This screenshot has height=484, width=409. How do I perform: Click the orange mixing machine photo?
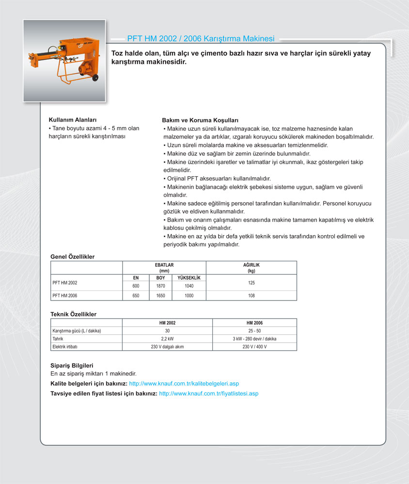(64, 60)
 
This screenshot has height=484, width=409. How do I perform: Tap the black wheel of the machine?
(94, 77)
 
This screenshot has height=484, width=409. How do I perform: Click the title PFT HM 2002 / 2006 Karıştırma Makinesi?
(201, 38)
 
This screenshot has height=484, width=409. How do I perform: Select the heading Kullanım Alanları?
(73, 120)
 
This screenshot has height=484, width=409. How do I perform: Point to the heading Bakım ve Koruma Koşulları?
(200, 120)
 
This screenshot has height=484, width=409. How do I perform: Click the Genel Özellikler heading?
(73, 257)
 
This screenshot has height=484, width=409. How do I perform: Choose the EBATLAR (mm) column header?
(164, 268)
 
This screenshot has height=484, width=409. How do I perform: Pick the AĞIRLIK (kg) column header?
(252, 268)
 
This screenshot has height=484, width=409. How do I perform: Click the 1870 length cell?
(160, 286)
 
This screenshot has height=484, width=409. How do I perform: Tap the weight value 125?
(252, 282)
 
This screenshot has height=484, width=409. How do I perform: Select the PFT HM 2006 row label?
(65, 295)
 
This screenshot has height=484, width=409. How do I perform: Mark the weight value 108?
(252, 295)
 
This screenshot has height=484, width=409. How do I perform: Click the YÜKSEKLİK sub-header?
(189, 278)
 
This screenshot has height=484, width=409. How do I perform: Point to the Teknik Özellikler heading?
(74, 314)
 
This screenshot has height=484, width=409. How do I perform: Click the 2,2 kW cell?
(167, 339)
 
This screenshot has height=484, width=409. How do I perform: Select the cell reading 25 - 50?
(254, 331)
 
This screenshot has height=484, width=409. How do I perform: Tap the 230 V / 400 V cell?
(254, 347)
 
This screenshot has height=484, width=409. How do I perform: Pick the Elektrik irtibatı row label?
(65, 347)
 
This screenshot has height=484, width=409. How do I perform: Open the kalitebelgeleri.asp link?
(184, 383)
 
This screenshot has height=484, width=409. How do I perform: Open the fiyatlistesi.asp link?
(209, 393)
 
